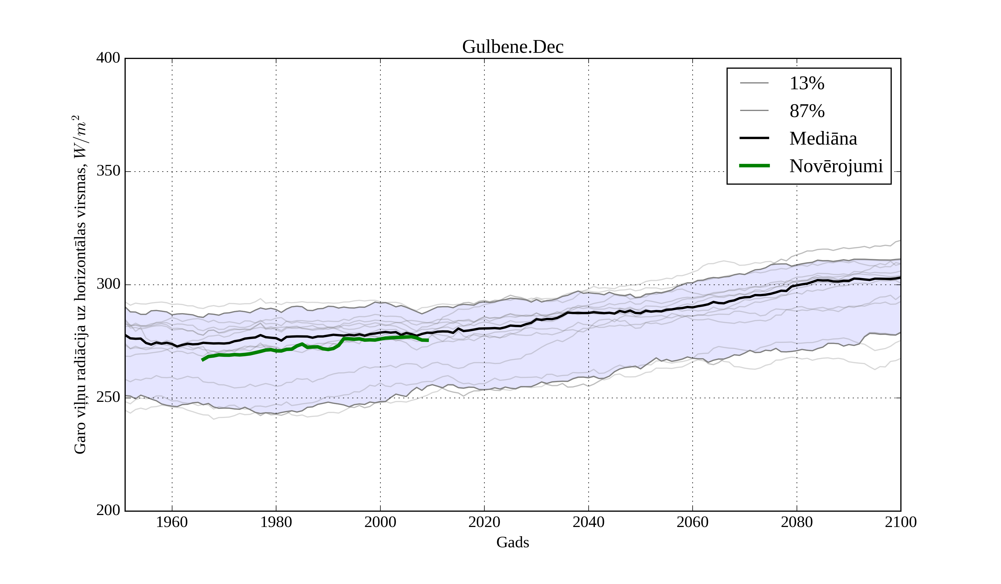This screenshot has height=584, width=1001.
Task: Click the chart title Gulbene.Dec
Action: click(x=512, y=47)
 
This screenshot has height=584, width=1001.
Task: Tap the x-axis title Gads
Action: click(x=512, y=542)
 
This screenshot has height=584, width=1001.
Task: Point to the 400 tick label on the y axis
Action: click(x=108, y=58)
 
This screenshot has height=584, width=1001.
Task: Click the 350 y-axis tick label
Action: click(x=108, y=171)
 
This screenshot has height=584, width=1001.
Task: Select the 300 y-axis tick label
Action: click(x=108, y=284)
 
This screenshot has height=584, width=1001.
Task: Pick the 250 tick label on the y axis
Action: click(x=108, y=397)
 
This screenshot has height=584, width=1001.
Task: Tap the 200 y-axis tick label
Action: click(x=108, y=511)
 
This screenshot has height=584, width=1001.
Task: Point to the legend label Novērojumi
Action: click(x=836, y=166)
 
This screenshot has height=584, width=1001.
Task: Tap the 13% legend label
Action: click(x=807, y=83)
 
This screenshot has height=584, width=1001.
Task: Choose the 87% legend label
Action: click(x=807, y=111)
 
